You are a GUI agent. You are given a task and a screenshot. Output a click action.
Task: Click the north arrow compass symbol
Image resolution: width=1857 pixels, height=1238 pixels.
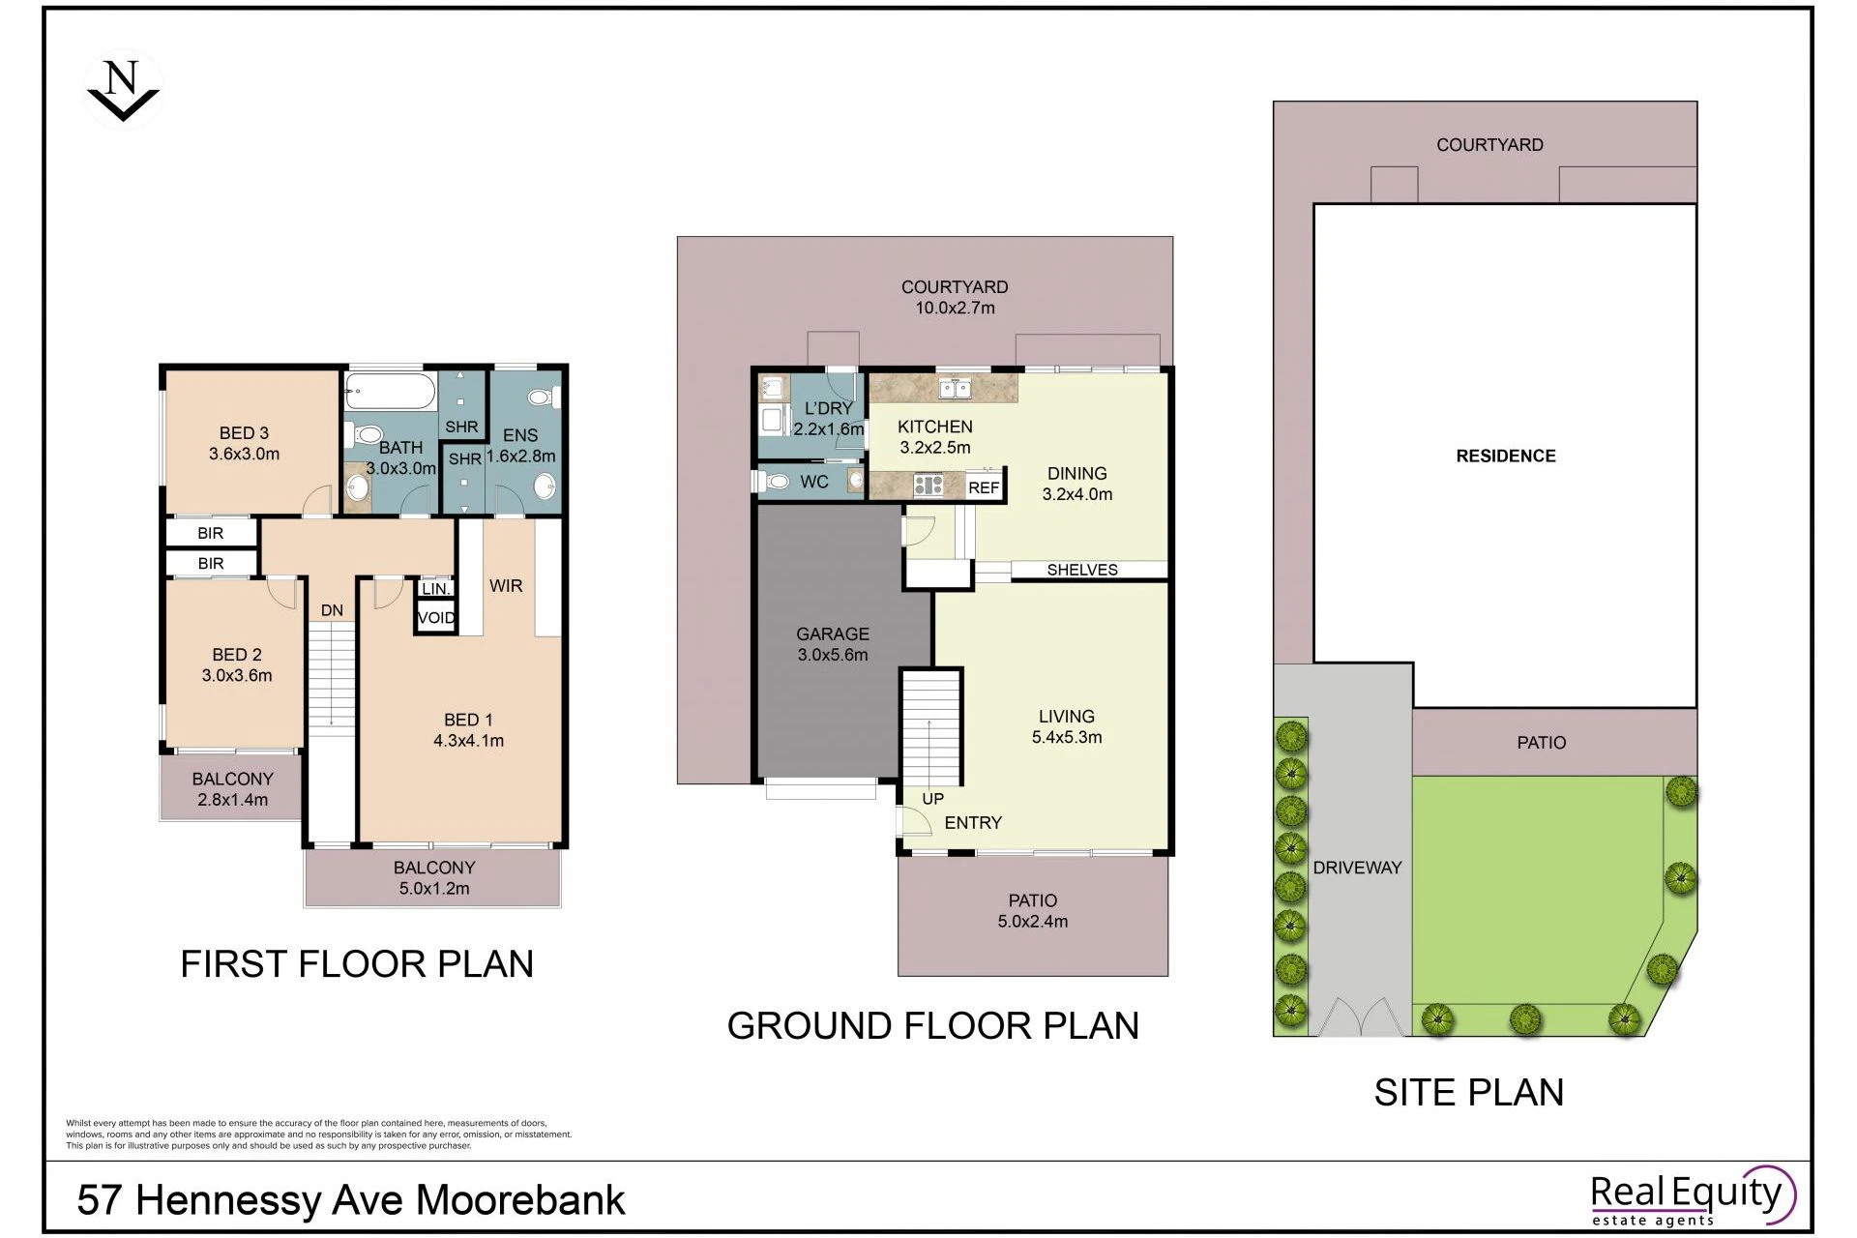(123, 91)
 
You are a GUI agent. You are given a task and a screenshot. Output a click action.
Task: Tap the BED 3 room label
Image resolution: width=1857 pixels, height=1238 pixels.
(244, 433)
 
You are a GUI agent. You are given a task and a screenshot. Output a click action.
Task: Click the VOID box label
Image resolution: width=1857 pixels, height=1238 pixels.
(436, 618)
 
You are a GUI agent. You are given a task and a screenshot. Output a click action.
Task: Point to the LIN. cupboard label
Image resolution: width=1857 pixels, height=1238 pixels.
(436, 588)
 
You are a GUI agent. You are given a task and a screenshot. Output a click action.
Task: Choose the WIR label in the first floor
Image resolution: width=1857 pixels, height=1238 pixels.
(506, 586)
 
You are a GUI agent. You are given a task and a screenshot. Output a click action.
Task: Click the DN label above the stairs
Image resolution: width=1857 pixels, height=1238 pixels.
(332, 610)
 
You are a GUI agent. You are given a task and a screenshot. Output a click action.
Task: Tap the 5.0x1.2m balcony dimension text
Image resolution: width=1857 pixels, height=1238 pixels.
(434, 889)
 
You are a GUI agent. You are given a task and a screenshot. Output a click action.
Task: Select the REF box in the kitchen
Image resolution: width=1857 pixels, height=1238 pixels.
(984, 487)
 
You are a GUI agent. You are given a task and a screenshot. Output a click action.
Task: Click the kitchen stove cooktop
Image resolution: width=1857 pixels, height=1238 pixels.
(928, 485)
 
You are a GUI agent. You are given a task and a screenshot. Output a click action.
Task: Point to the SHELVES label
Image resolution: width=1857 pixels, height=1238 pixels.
(1082, 571)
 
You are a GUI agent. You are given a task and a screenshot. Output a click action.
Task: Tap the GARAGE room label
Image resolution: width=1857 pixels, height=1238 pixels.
(833, 634)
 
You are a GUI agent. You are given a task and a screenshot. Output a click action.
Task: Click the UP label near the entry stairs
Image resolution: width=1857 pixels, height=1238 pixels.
(932, 799)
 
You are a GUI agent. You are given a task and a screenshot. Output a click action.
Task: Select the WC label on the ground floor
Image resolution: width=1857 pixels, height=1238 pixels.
(814, 482)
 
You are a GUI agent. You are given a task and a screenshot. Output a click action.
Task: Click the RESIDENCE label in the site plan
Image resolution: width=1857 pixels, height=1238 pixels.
(1506, 457)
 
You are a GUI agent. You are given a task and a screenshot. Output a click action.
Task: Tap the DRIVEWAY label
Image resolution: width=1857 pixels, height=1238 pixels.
(1357, 868)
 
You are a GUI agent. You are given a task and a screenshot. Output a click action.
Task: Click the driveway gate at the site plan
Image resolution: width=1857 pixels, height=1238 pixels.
(1362, 1017)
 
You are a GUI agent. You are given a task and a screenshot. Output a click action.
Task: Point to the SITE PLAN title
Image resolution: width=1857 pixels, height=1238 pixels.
(1469, 1092)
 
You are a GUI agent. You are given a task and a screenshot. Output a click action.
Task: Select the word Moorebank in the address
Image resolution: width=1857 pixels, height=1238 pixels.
(520, 1200)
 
